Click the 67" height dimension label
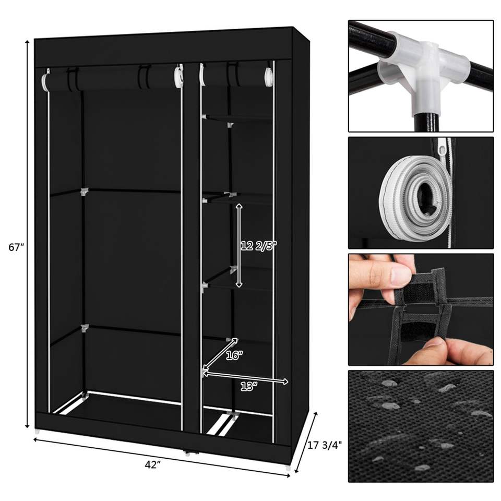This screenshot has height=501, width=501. pos(16,247)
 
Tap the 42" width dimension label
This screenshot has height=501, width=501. pos(152,465)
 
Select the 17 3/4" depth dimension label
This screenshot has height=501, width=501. pos(325,445)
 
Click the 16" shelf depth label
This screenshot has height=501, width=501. pos(234,355)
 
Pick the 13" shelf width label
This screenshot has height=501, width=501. pos(249,387)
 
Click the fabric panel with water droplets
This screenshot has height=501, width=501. pos(421,426)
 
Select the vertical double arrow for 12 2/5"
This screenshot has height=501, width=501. pos(239,246)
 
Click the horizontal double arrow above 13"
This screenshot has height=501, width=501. pos(245,377)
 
